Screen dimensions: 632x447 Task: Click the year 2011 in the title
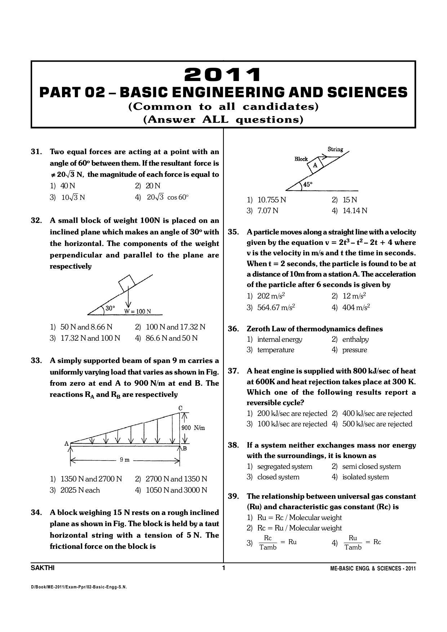(x=222, y=75)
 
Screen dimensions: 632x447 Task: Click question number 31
(x=37, y=152)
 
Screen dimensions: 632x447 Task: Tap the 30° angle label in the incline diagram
(x=110, y=309)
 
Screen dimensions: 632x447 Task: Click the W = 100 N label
(x=138, y=311)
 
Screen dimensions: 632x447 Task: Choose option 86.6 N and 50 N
(x=171, y=338)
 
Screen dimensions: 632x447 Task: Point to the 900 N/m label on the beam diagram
(x=193, y=428)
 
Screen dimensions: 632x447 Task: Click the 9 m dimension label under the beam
(x=124, y=460)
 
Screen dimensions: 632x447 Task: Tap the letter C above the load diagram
(x=180, y=408)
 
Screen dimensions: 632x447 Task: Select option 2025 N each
(x=80, y=490)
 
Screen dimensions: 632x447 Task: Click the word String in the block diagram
(x=335, y=149)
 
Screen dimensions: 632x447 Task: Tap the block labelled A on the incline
(x=315, y=165)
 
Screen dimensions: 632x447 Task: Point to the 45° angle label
(x=307, y=184)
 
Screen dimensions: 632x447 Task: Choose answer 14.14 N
(x=355, y=211)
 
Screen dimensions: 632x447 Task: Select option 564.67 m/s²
(x=276, y=308)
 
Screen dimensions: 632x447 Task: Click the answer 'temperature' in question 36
(x=275, y=350)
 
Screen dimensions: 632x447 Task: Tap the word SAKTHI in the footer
(x=43, y=568)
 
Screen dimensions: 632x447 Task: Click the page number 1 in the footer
(x=223, y=568)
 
